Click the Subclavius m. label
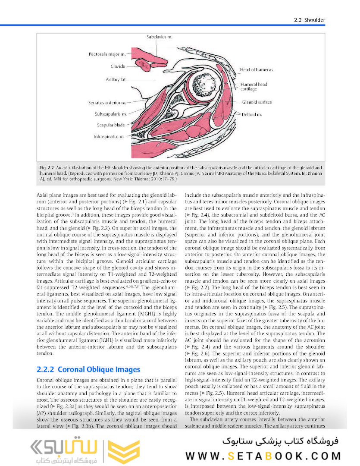(159, 37)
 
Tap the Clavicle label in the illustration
(118, 66)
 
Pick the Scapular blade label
(111, 125)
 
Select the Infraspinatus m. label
(110, 136)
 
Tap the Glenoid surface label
(257, 102)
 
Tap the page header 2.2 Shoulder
(309, 20)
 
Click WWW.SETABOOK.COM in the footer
(263, 455)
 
